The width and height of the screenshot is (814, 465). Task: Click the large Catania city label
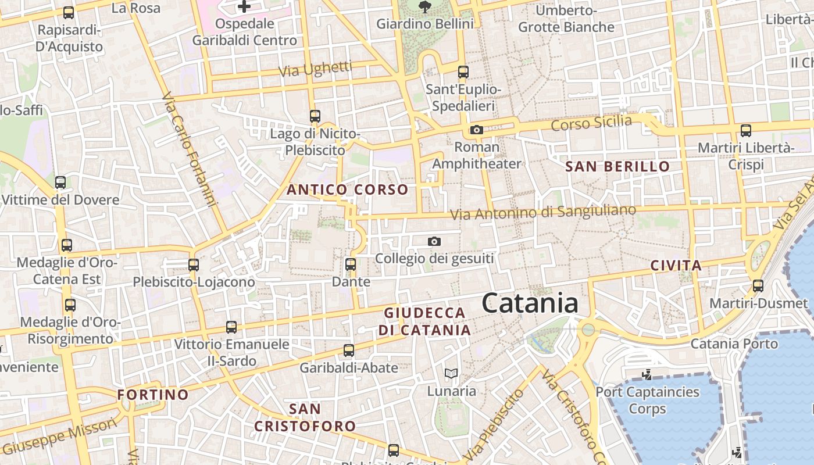[x=530, y=303]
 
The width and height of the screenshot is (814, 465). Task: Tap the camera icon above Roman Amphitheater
[x=477, y=130]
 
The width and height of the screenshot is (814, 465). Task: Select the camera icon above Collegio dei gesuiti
[x=434, y=241]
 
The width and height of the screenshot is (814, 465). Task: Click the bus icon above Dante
[x=351, y=264]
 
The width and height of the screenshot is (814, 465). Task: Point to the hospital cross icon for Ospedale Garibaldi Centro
[x=244, y=6]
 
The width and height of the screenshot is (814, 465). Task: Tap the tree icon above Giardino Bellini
[x=424, y=7]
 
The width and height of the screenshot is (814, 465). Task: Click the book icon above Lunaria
[x=451, y=373]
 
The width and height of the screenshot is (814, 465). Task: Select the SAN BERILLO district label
[x=617, y=167]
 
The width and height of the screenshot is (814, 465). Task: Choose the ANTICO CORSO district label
[x=347, y=190]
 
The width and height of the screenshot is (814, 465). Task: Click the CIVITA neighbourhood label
[x=676, y=266]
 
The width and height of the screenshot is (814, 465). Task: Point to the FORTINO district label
[x=153, y=395]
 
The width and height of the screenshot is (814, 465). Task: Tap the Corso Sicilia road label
[x=591, y=123]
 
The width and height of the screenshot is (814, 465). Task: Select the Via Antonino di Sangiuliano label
[x=543, y=212]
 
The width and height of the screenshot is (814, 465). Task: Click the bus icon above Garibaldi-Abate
[x=349, y=350]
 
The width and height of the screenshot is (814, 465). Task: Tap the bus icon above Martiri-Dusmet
[x=758, y=285]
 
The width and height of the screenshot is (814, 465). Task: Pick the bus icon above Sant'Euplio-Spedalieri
[x=463, y=72]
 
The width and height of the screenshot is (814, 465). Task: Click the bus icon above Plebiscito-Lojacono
[x=194, y=265]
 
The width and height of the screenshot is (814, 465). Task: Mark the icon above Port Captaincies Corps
[x=647, y=375]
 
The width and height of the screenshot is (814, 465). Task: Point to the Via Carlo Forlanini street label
[x=190, y=150]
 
